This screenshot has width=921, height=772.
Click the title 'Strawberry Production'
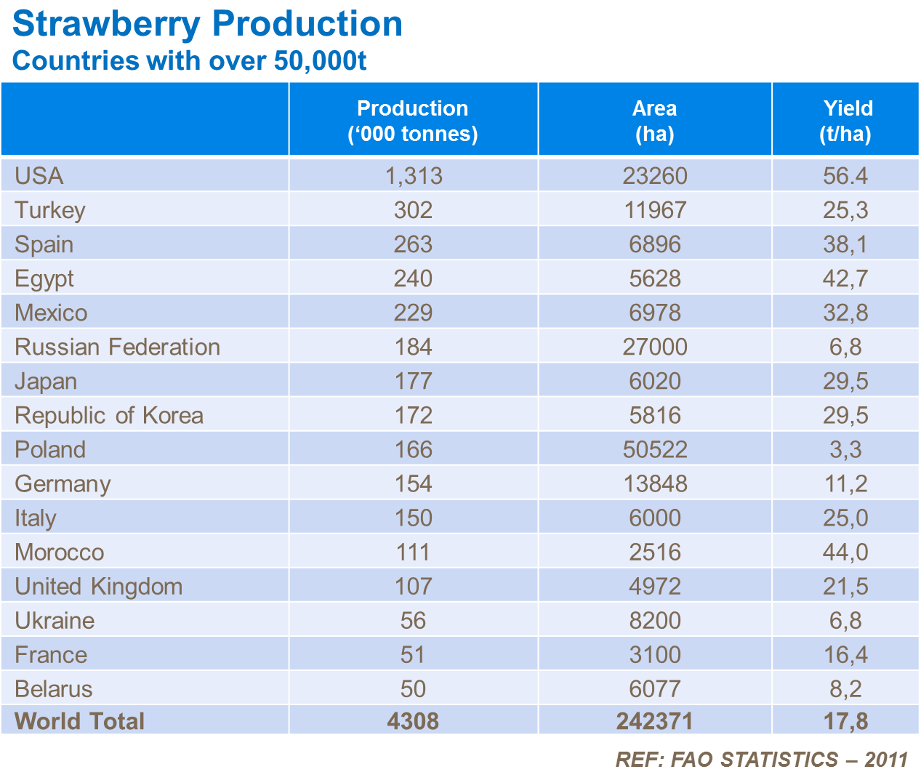pos(207,24)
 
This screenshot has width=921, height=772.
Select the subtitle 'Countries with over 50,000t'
pos(189,60)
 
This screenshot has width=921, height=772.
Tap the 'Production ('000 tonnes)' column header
pos(413,121)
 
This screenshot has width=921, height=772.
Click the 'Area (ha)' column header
pos(654,121)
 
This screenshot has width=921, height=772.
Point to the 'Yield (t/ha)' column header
pos(845,121)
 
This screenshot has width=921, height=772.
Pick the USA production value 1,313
pos(413,176)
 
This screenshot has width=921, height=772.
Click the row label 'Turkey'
pos(50,210)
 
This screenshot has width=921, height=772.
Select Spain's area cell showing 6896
pos(654,244)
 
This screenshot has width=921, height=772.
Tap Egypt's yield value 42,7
pos(845,278)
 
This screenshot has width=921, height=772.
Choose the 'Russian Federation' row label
pos(117,347)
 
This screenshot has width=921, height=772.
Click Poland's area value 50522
pos(654,449)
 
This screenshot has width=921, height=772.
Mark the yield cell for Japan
pos(845,381)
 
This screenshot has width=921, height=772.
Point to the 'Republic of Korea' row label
pos(109,415)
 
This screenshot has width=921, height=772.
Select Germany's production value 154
pos(413,483)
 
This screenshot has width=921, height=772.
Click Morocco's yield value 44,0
pos(845,552)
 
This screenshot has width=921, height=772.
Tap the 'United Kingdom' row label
pos(98,586)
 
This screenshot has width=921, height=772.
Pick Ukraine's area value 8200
pos(654,620)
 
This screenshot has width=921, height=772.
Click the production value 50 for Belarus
pos(413,688)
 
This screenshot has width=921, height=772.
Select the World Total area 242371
pos(654,720)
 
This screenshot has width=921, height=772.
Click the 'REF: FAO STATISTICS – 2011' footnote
pos(762,760)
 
